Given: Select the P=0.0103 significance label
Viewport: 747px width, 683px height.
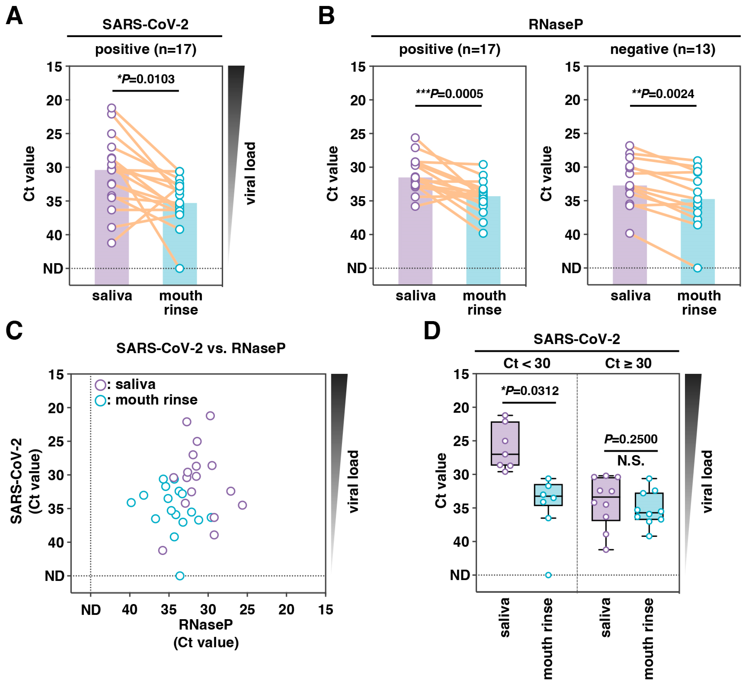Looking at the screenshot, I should pos(146,79).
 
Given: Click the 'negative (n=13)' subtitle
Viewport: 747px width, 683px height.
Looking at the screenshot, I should pos(662,49).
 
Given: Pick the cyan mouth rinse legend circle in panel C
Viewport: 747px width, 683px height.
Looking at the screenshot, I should pos(100,400).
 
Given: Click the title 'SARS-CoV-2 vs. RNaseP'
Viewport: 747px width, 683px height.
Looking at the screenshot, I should pos(201,348).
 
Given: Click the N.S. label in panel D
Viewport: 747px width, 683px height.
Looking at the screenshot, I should pos(631,461).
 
